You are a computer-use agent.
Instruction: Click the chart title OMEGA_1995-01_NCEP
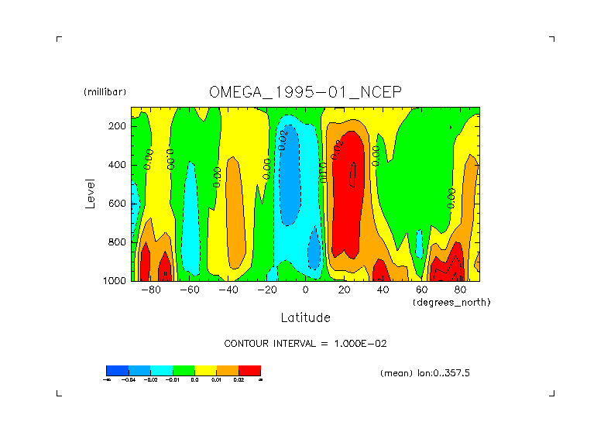(x=305, y=92)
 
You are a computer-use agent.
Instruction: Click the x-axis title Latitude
(x=305, y=317)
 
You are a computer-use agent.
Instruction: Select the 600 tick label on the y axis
(x=118, y=204)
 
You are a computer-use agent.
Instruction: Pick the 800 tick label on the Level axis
(x=118, y=242)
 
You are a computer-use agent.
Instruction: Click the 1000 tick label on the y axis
(x=115, y=281)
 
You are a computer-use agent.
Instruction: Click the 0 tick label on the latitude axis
(x=305, y=290)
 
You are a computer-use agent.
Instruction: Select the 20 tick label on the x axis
(x=344, y=290)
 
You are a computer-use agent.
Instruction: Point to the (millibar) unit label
(x=105, y=92)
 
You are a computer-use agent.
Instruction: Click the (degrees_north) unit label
(x=451, y=302)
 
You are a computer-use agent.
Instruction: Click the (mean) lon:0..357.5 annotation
(x=425, y=373)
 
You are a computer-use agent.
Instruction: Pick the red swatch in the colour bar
(x=249, y=371)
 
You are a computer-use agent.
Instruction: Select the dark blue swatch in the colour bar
(x=117, y=371)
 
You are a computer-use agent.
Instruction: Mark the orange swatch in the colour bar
(x=228, y=371)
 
